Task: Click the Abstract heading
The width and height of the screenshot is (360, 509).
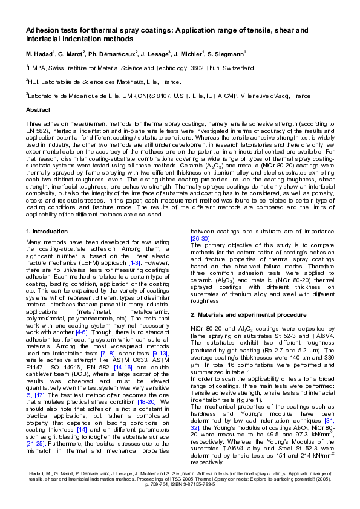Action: (x=38, y=110)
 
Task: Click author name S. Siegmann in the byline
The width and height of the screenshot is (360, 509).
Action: (x=227, y=54)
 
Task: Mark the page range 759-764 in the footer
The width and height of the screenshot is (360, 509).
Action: (x=158, y=484)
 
